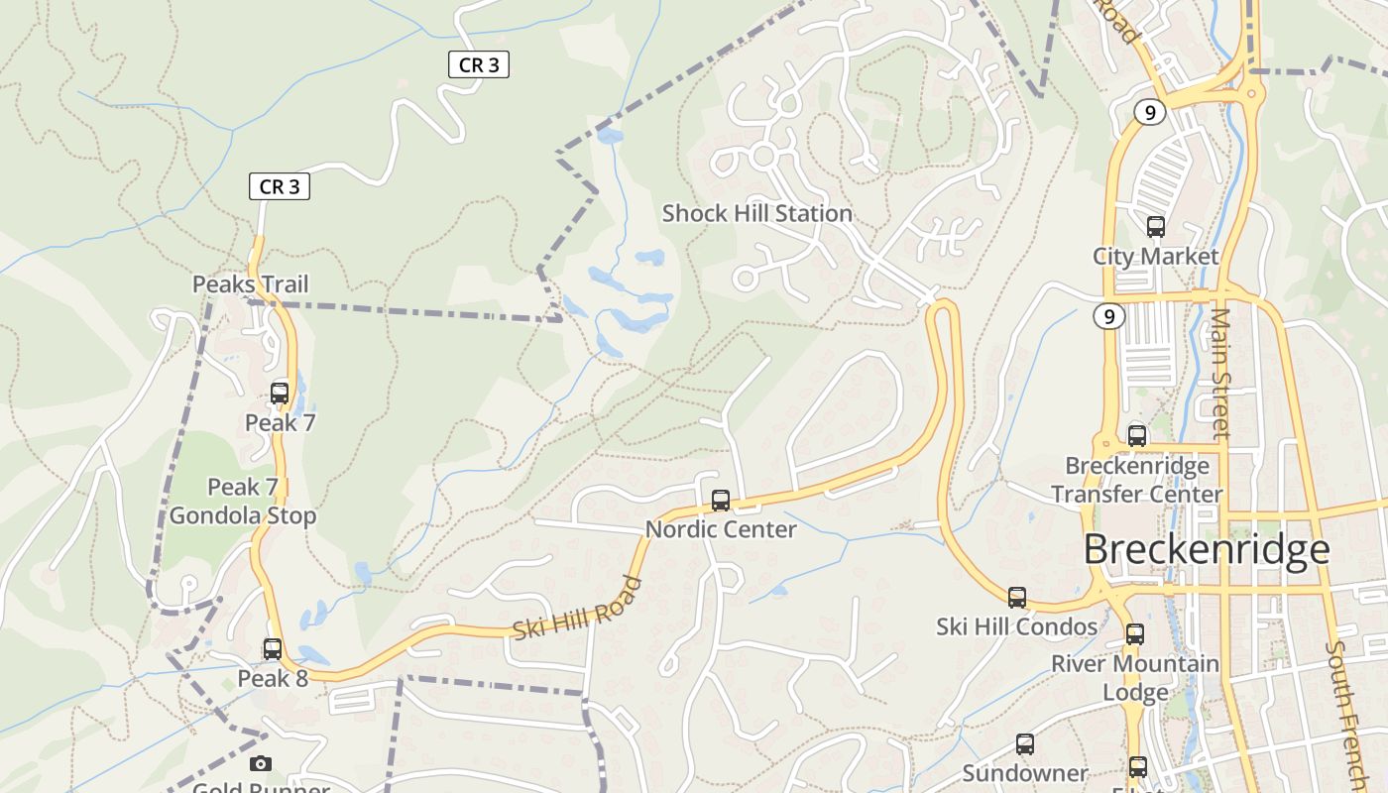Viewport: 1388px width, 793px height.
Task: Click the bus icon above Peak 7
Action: [x=280, y=393]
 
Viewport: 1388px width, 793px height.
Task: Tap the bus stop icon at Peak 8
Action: [x=272, y=649]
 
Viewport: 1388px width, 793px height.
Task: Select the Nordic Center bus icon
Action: [x=721, y=501]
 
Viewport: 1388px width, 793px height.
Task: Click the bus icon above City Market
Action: [x=1155, y=227]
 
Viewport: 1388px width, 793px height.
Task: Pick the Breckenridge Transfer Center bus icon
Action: [x=1137, y=436]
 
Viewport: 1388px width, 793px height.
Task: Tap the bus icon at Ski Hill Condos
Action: [x=1017, y=598]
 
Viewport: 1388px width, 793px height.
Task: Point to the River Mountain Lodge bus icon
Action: [x=1135, y=634]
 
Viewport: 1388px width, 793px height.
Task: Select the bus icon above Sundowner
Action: [x=1025, y=743]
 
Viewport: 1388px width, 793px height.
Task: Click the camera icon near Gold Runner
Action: [x=261, y=763]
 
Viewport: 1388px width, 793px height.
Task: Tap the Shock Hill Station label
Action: [x=757, y=213]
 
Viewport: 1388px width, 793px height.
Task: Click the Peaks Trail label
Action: [x=251, y=284]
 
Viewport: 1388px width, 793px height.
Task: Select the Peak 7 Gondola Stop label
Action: [x=243, y=502]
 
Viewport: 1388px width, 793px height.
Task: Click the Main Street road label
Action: [x=1220, y=372]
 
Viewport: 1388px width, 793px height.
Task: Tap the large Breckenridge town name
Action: [x=1206, y=549]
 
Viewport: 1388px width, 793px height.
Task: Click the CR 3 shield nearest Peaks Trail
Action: [x=279, y=186]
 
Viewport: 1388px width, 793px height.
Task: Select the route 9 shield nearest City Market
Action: [x=1110, y=317]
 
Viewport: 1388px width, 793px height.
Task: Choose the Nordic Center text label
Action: [x=721, y=529]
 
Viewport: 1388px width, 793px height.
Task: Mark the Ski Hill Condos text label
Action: [x=1017, y=626]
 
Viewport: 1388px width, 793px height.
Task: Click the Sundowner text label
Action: [x=1025, y=773]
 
